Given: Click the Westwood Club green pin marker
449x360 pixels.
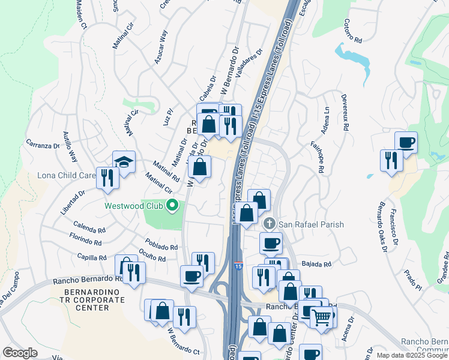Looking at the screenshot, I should [173, 205].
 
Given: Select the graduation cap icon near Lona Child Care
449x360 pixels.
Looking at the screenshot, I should [124, 161].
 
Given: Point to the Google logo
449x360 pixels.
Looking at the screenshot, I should [20, 353].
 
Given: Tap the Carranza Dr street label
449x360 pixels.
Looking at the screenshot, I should [41, 145].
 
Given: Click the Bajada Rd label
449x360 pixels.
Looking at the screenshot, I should [317, 264].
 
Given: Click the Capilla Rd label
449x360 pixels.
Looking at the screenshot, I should [92, 257].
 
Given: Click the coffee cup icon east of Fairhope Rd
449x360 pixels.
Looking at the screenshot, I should [406, 142].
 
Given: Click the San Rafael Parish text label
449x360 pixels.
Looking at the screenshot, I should [311, 225].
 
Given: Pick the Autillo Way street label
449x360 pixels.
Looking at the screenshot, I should [71, 154].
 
